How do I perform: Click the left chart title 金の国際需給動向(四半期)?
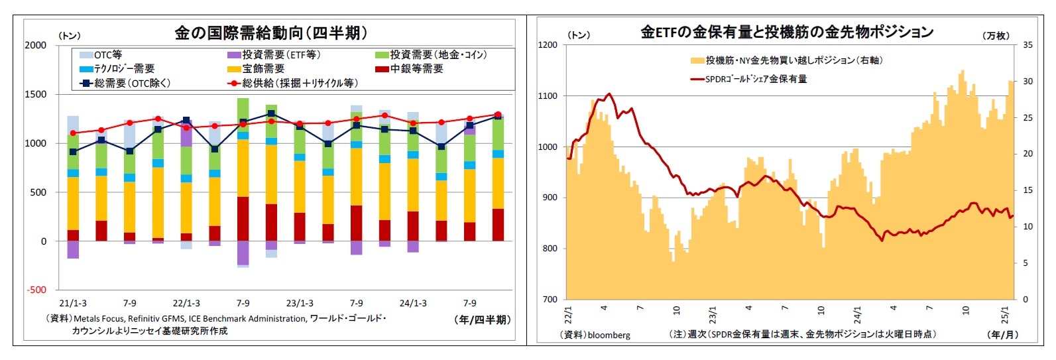click(270, 32)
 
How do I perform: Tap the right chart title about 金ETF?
click(786, 32)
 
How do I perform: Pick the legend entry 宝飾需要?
click(263, 69)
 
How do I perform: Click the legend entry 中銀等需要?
click(416, 69)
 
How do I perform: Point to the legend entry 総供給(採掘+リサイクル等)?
click(300, 84)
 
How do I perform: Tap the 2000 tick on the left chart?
click(36, 45)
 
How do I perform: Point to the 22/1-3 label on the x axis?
click(186, 303)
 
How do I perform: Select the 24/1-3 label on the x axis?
click(413, 303)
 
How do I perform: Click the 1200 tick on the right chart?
click(548, 45)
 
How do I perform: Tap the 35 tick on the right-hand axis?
click(1027, 45)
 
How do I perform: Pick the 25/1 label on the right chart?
click(1004, 314)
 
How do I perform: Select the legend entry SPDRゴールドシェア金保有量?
click(756, 79)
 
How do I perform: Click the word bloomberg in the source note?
click(609, 335)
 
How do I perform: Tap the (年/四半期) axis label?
click(482, 320)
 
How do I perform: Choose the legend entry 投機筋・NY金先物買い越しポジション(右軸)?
click(793, 60)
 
